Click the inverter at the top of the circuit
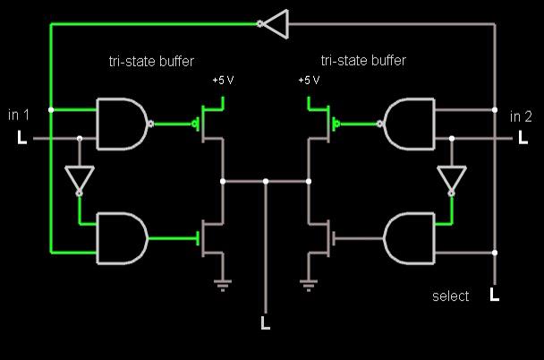click(x=274, y=24)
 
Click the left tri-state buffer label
click(x=151, y=62)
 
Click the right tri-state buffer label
click(x=363, y=61)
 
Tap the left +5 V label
click(x=223, y=81)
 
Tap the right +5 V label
click(x=309, y=81)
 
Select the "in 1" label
click(x=19, y=115)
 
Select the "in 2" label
click(x=521, y=116)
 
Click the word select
click(x=451, y=296)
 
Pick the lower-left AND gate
click(x=123, y=238)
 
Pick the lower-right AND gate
click(x=409, y=238)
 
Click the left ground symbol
click(x=223, y=286)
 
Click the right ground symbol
click(x=309, y=286)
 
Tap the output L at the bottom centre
click(x=266, y=322)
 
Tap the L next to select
click(x=495, y=295)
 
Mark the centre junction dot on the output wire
click(x=266, y=181)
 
